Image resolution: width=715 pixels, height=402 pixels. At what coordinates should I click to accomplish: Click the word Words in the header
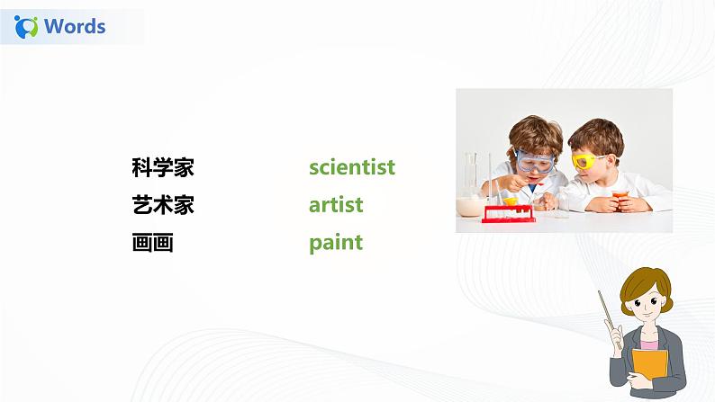point(75,26)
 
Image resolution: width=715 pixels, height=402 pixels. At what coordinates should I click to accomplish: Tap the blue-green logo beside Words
point(27,27)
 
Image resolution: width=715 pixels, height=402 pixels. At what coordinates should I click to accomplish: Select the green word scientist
point(351,167)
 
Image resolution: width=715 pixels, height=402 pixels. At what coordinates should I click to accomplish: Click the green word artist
point(336,205)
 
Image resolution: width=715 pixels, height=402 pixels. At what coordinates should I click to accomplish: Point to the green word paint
point(335,243)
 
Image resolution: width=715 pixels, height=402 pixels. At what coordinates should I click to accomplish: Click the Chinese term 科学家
point(162,167)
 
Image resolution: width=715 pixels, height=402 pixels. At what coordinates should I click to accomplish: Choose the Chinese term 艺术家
point(162,205)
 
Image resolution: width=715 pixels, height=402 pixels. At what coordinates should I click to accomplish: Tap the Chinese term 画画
point(152,243)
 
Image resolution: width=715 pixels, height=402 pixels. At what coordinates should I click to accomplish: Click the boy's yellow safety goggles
point(588,162)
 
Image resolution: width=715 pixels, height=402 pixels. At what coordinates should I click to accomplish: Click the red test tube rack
point(510,213)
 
